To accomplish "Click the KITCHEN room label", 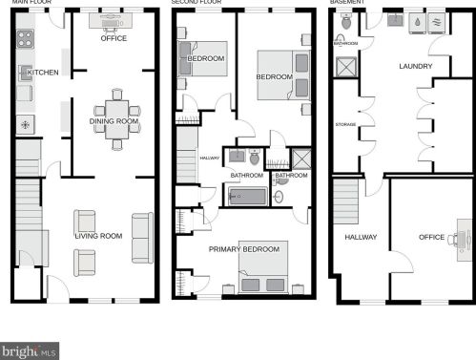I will click(44, 73).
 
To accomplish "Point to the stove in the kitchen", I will click(25, 40).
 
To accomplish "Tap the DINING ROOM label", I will click(114, 122).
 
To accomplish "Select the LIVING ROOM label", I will click(99, 236).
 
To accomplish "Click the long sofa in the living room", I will click(142, 237).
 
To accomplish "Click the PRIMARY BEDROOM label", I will click(247, 249).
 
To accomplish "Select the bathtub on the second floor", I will click(250, 196).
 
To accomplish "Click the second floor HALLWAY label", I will click(209, 159).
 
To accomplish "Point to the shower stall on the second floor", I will click(300, 159).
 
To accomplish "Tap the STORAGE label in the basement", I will click(345, 125).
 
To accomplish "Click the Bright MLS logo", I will click(30, 351).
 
